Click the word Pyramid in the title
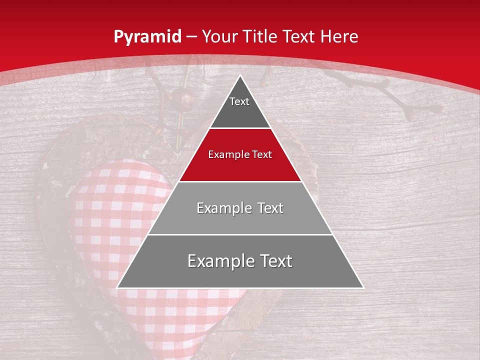(147, 37)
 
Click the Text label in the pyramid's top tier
(239, 101)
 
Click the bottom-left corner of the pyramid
(117, 287)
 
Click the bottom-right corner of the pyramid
(363, 287)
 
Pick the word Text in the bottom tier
(275, 261)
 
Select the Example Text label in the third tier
(240, 208)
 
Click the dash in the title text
(191, 37)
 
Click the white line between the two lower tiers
(240, 234)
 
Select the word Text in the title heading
(299, 36)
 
